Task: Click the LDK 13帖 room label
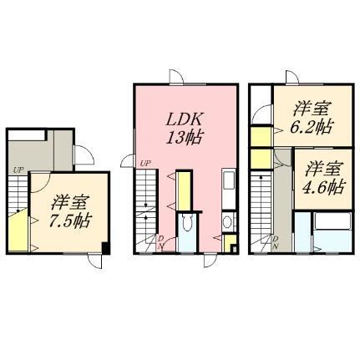click(184, 129)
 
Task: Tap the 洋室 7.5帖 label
click(70, 211)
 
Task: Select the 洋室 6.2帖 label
click(312, 118)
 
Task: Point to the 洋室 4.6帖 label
click(322, 178)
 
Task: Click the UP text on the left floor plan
click(18, 170)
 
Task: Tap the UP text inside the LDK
click(145, 164)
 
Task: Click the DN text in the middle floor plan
click(160, 242)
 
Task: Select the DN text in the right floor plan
click(276, 242)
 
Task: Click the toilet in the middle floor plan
click(187, 222)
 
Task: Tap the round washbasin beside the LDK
click(228, 222)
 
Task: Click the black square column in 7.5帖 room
click(105, 248)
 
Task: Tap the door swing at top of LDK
click(176, 76)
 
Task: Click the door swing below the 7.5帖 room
click(95, 261)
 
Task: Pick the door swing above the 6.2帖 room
click(292, 77)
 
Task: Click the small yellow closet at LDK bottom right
click(230, 244)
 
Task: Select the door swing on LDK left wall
click(128, 161)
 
